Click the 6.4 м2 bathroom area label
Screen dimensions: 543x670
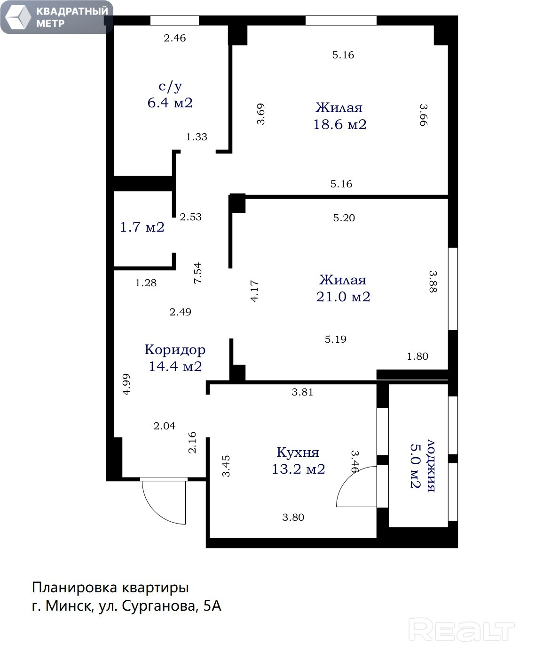170,103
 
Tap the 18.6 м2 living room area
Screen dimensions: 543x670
340,124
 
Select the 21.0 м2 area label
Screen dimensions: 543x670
343,297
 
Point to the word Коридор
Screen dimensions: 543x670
175,350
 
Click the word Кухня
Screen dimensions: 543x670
298,452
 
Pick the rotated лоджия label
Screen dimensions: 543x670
431,466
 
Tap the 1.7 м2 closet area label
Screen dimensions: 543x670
142,227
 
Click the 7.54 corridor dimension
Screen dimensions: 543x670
197,273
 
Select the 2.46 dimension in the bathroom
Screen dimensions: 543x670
174,38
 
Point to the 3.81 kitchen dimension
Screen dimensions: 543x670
302,392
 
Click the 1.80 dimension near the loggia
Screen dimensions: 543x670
417,356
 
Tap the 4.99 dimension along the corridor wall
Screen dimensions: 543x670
126,384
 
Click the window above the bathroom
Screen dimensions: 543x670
174,20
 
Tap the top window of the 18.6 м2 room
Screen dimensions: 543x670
341,20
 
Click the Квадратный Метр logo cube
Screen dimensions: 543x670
18,17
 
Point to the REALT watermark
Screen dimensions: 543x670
461,630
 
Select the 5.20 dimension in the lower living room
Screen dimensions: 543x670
344,218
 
